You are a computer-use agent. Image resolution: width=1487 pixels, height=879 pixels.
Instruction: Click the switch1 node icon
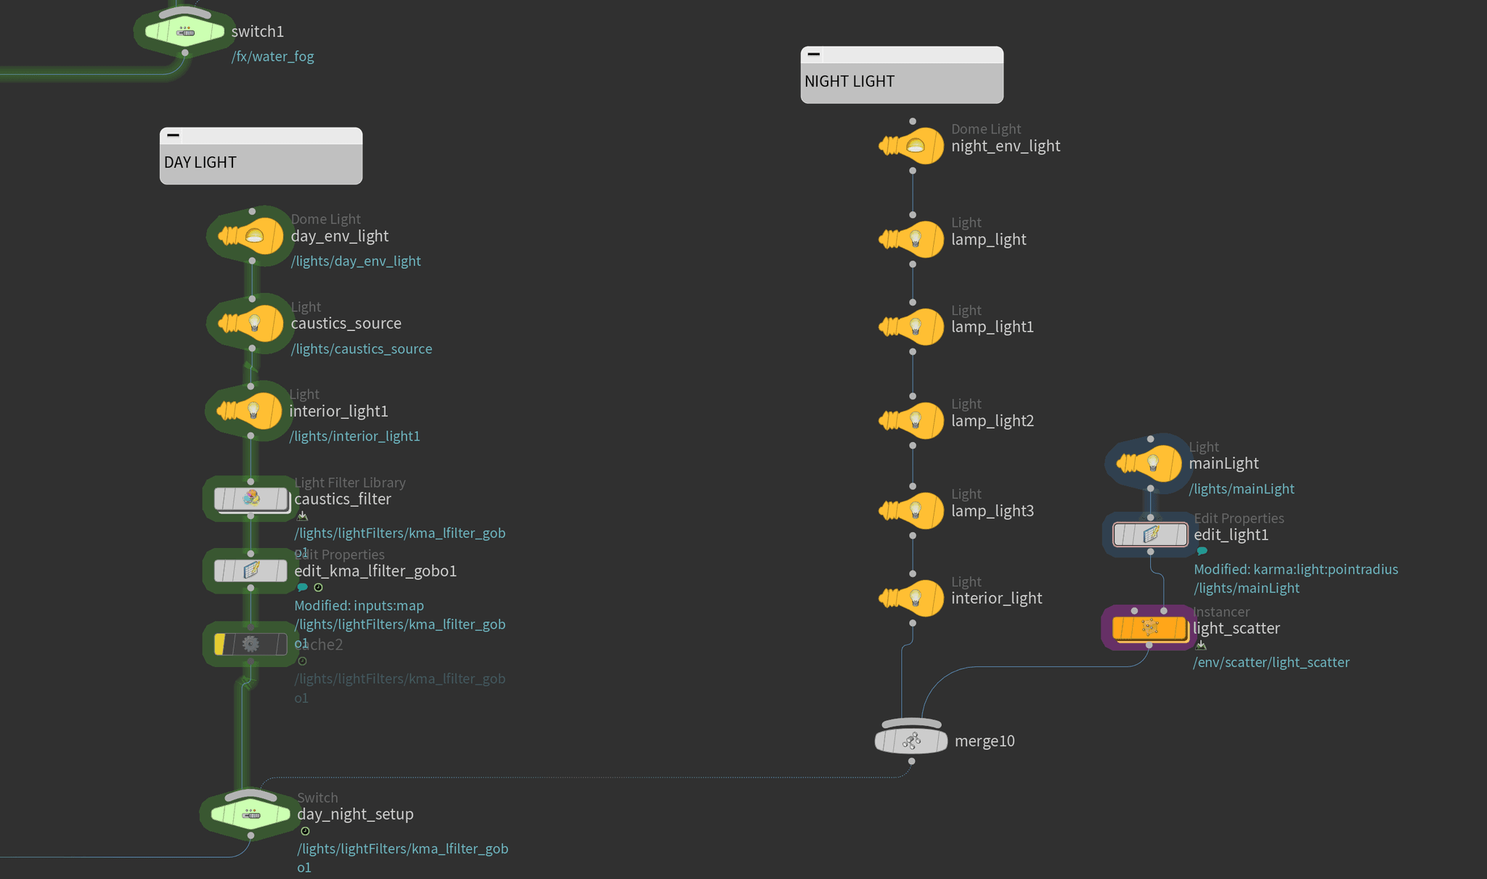coord(184,31)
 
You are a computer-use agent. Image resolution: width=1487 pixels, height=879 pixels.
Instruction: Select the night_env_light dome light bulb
coord(913,146)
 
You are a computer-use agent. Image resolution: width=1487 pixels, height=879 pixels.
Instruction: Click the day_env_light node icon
coord(252,236)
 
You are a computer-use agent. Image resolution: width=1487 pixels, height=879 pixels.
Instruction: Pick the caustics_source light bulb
coord(252,324)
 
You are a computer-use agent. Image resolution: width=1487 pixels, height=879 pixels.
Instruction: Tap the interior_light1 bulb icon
coord(250,411)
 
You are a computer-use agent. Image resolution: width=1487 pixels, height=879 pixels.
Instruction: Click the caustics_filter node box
coord(251,499)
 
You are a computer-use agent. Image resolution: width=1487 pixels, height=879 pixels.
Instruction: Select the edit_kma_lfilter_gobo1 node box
coord(251,571)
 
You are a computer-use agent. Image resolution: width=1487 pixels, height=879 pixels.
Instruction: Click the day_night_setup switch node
coord(250,814)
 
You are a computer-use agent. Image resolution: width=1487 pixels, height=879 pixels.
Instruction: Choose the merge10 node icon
coord(911,740)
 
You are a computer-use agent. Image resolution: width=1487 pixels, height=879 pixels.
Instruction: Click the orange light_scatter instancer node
coord(1149,628)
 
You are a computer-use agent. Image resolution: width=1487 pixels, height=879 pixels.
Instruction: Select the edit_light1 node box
coord(1150,535)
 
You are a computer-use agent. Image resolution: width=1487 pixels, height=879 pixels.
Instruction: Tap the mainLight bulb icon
coord(1150,463)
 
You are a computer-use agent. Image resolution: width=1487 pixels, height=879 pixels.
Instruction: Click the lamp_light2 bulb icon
coord(913,420)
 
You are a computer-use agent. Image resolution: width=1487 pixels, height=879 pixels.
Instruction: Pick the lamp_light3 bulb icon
coord(913,510)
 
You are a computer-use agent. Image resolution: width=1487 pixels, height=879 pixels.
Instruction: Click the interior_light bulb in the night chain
coord(913,598)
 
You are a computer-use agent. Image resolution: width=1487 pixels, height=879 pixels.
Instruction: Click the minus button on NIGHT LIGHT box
coord(814,54)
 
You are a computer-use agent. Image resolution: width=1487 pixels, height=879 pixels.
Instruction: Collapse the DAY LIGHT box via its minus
coord(173,136)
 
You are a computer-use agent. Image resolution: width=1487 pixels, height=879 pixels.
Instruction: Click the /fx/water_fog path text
coord(272,57)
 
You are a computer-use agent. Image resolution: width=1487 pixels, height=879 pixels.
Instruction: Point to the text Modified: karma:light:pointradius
coord(1295,569)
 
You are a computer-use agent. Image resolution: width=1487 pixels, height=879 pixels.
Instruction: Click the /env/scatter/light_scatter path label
coord(1271,662)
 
